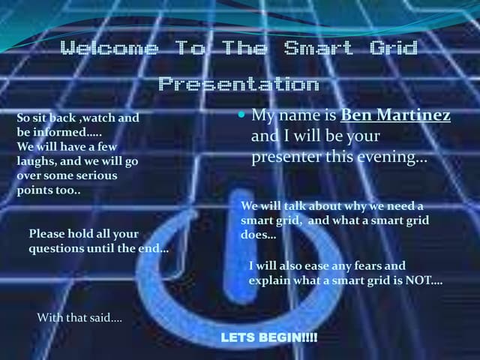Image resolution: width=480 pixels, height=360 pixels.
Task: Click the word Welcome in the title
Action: point(109,49)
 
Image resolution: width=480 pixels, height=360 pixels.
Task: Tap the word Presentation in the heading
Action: point(239,83)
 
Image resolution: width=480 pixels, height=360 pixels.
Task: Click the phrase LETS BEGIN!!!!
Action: point(269,339)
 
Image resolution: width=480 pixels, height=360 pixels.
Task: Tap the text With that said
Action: point(79,318)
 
